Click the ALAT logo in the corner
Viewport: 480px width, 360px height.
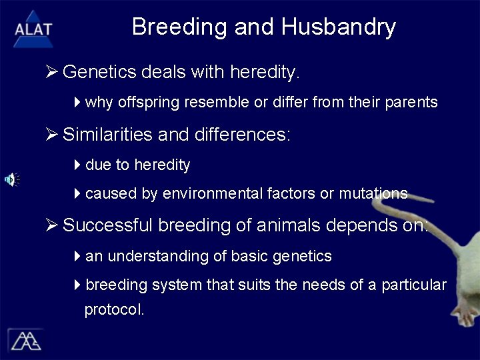(x=33, y=27)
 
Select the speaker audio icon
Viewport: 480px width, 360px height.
(x=12, y=179)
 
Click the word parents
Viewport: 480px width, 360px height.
(x=414, y=103)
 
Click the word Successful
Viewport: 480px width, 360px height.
(x=109, y=225)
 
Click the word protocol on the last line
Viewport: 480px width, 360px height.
(x=114, y=310)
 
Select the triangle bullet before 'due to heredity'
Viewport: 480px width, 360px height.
(x=77, y=165)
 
